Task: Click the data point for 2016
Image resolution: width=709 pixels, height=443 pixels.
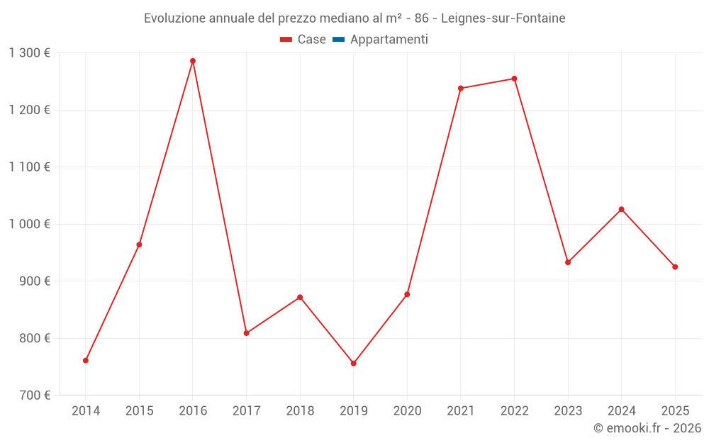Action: click(193, 61)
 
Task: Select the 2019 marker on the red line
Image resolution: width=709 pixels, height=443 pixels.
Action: click(354, 364)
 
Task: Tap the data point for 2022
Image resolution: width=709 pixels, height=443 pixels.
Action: click(514, 79)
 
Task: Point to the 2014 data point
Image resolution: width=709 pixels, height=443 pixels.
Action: click(86, 361)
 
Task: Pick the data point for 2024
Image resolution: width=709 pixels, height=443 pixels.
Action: click(622, 209)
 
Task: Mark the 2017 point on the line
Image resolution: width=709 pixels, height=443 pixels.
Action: click(246, 333)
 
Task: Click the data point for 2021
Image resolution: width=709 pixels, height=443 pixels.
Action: click(461, 89)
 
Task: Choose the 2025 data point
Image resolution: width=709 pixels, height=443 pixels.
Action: click(675, 267)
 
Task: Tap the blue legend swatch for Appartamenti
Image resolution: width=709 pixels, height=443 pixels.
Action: click(338, 40)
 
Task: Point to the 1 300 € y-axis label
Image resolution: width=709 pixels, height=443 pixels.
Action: click(29, 53)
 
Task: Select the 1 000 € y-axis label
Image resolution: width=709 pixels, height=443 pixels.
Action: click(29, 224)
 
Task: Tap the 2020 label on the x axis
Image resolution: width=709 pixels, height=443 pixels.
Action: click(407, 411)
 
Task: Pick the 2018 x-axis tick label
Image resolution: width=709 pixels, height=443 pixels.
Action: click(300, 411)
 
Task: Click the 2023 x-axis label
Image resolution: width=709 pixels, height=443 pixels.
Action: click(568, 411)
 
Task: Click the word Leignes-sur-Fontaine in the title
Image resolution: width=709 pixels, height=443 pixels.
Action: click(503, 18)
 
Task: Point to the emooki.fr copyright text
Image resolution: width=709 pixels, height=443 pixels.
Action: click(647, 428)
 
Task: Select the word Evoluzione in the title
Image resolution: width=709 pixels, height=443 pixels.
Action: click(174, 18)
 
